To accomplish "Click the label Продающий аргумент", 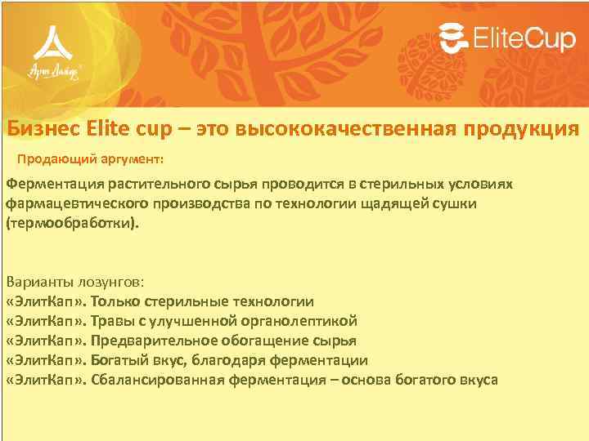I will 91,158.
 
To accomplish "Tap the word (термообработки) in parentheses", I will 72,222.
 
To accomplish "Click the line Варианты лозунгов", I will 75,282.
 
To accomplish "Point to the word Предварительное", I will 151,341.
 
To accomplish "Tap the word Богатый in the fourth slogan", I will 117,360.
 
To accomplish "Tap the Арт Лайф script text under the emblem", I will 54,71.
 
